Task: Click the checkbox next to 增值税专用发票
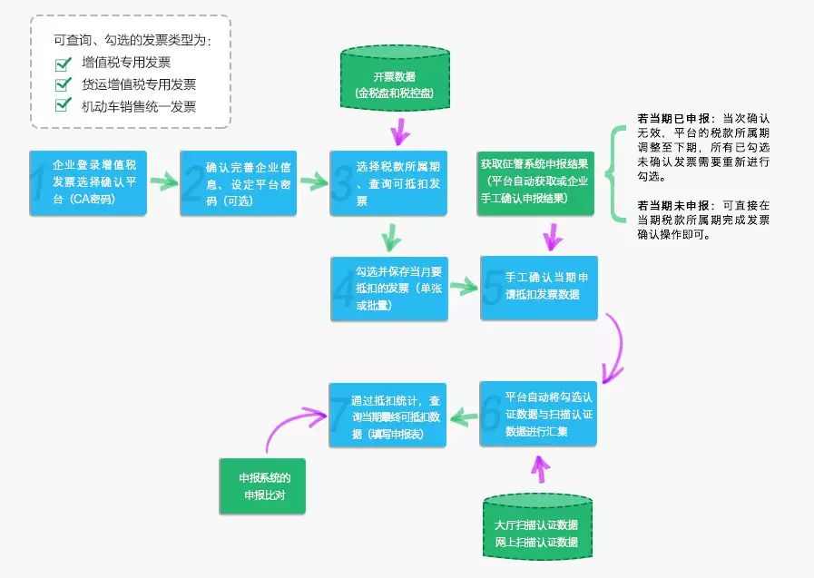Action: tap(64, 64)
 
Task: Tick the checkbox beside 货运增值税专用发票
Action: tap(64, 84)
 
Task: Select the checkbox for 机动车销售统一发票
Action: tap(64, 105)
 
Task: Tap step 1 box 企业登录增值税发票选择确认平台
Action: tap(88, 182)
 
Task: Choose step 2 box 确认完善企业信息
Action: tap(239, 182)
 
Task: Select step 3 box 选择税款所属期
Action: tap(388, 182)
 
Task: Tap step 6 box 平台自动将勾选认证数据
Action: tap(538, 414)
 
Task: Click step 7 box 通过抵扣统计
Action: tap(387, 414)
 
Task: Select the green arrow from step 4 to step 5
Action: tap(464, 288)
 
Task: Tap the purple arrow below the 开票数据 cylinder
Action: tap(397, 134)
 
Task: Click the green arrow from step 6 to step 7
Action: tap(464, 416)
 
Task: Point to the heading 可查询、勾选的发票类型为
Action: tap(132, 40)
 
